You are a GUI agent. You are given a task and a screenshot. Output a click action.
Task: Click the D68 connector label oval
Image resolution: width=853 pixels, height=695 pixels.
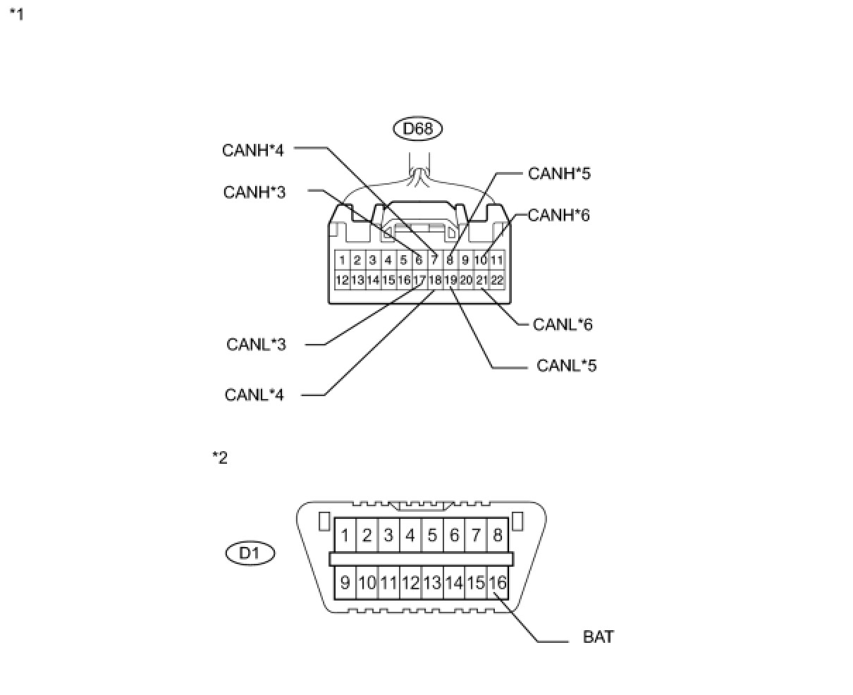pos(418,129)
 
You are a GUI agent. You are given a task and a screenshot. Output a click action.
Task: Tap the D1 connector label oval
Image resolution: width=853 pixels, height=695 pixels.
pos(250,553)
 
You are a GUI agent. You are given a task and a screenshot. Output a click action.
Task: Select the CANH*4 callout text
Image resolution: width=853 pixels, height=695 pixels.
pos(253,150)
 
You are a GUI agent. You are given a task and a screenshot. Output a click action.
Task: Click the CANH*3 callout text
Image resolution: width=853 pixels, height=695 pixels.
pos(254,192)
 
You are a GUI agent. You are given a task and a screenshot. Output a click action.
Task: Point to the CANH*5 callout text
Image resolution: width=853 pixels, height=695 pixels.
pos(559,173)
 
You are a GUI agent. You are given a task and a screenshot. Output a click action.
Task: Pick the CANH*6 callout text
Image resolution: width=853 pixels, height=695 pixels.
pos(558,215)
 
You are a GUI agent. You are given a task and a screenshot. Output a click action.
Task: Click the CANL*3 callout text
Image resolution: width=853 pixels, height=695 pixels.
pos(256,345)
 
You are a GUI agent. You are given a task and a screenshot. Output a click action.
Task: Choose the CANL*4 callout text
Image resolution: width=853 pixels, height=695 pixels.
pos(254,395)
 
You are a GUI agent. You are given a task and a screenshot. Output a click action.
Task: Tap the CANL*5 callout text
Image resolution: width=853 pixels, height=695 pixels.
pos(567,366)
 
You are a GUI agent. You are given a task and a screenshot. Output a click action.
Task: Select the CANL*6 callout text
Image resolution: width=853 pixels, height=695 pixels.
pos(563,324)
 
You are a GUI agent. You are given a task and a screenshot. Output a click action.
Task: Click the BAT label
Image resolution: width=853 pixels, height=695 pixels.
pos(599,637)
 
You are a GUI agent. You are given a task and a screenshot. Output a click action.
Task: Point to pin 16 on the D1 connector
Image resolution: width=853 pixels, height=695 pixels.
pos(498,583)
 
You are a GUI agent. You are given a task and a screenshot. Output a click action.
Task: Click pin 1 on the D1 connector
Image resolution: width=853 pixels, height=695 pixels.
pos(345,536)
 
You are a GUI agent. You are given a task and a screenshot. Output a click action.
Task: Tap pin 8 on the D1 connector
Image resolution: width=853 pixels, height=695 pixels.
pos(498,536)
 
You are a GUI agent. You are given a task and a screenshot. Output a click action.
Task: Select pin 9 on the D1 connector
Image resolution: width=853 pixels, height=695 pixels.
pos(345,583)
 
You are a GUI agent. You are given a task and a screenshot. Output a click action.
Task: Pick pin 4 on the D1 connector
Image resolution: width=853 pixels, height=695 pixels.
pos(410,536)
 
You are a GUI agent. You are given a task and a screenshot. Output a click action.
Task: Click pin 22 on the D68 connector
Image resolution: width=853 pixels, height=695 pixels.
pos(497,280)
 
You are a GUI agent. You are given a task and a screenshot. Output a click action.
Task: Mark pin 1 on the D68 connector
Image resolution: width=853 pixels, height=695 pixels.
pos(342,260)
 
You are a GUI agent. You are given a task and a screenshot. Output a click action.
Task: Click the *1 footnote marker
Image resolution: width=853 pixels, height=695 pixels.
pos(16,14)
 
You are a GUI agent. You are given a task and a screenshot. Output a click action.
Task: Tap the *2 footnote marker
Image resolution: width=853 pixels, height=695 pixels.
pos(220,458)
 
